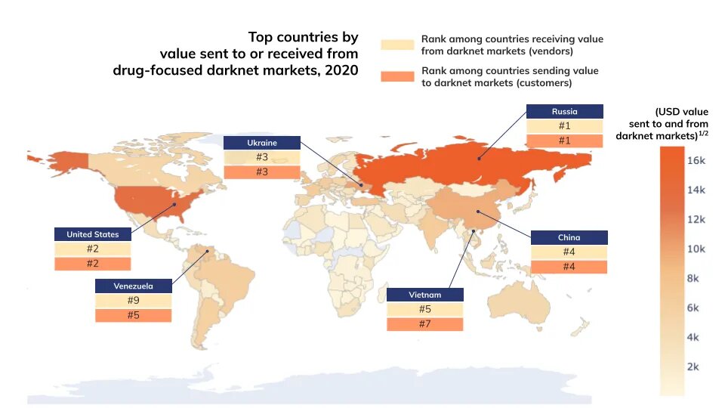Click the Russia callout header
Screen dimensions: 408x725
click(x=564, y=111)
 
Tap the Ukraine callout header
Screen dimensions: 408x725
click(x=261, y=143)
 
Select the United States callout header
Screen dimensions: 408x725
click(x=92, y=234)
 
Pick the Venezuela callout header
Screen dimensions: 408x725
click(x=133, y=286)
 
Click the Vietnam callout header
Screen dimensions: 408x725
click(x=424, y=295)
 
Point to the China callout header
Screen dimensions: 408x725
click(x=569, y=237)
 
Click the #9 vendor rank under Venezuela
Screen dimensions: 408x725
click(x=133, y=301)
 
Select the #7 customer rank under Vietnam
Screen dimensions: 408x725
click(x=424, y=324)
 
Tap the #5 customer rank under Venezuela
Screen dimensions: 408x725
click(x=133, y=315)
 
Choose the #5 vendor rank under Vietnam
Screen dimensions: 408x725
click(x=424, y=310)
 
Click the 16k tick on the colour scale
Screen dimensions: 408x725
click(x=696, y=161)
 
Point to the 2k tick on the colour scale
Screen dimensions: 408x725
click(x=696, y=366)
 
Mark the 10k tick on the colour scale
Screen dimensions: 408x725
click(x=696, y=249)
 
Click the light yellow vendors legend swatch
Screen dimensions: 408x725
click(x=398, y=44)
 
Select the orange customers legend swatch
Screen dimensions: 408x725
click(x=398, y=76)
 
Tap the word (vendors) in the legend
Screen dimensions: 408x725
click(x=549, y=51)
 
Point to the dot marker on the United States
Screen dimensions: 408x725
click(x=175, y=203)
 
